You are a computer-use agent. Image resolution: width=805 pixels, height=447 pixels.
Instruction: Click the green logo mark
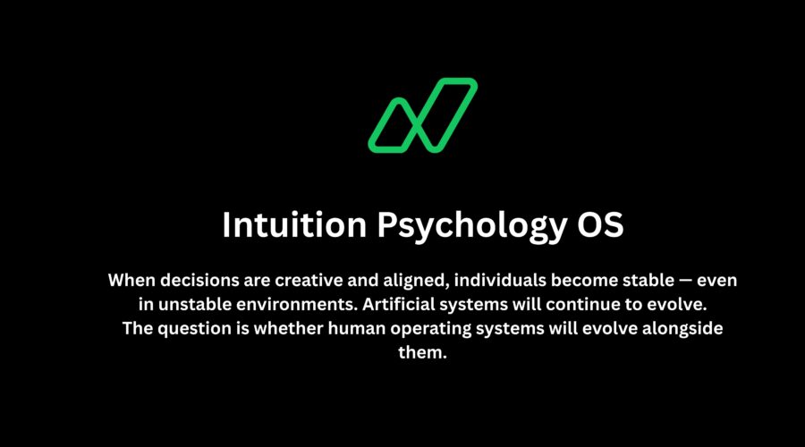[x=423, y=114]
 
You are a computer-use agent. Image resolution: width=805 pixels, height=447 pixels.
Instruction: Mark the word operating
[x=432, y=328]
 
